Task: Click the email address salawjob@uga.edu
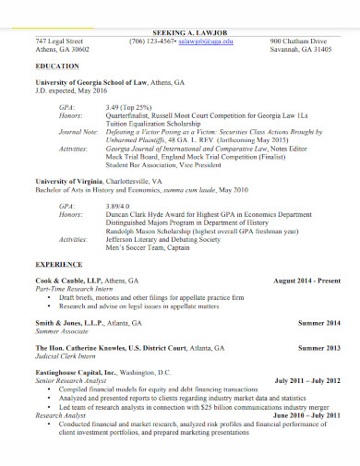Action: click(207, 42)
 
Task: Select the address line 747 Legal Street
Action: click(59, 42)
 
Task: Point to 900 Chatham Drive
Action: click(299, 42)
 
